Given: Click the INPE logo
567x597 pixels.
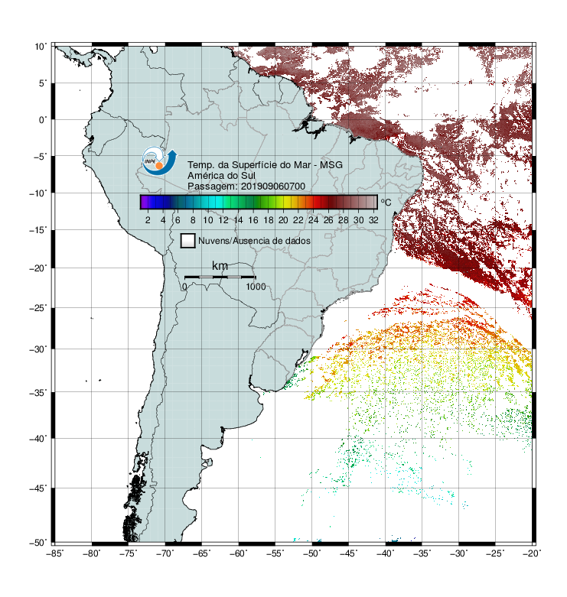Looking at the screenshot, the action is tap(159, 161).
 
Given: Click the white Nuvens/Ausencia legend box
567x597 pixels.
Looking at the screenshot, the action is tap(187, 241).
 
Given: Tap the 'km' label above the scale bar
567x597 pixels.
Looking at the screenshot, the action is tap(220, 266).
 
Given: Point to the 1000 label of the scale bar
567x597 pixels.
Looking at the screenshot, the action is tap(256, 287).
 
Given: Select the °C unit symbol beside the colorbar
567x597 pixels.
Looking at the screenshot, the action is tap(386, 202).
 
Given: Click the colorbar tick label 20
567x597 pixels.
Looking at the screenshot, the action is tap(283, 220).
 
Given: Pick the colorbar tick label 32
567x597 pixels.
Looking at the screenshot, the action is tap(373, 220).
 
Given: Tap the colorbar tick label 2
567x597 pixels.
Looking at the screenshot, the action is tap(148, 220).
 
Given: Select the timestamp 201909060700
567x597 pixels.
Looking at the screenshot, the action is tap(273, 187).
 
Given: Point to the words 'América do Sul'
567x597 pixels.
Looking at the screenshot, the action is tap(221, 176).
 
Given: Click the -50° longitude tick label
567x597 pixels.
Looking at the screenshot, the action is tap(312, 553).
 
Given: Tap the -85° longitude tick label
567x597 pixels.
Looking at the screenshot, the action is tap(55, 553).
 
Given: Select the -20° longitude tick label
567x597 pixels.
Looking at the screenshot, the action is tap(533, 553).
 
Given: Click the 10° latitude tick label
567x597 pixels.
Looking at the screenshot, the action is tap(41, 47).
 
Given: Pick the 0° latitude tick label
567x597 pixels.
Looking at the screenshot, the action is tap(43, 120).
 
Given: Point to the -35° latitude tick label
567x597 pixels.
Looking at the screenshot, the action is tap(38, 392).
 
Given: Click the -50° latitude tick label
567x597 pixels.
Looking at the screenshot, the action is tap(38, 542).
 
